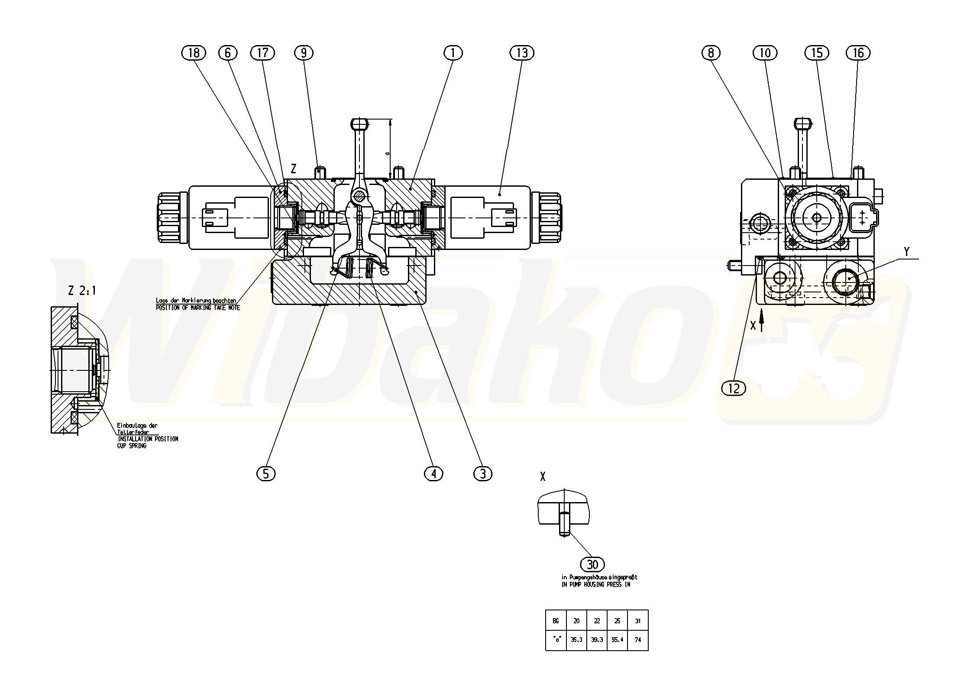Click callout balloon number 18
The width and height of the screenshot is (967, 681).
point(194,53)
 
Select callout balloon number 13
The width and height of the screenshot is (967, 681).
point(522,53)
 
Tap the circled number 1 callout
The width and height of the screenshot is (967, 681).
point(453,53)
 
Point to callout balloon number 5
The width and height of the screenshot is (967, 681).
point(266,473)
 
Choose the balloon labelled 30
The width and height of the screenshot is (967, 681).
point(592,564)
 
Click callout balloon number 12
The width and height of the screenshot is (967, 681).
point(734,389)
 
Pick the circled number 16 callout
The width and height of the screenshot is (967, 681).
point(858,53)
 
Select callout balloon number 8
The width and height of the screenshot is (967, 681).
point(711,53)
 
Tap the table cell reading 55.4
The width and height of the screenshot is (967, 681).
point(617,639)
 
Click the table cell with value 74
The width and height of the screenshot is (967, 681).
point(637,639)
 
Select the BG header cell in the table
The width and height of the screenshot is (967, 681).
point(556,621)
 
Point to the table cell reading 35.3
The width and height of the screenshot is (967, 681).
point(576,639)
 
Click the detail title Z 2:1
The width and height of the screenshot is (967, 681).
point(82,291)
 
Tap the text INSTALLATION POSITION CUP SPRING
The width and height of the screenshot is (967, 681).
point(147,442)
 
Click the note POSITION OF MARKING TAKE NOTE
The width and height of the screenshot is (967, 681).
point(197,308)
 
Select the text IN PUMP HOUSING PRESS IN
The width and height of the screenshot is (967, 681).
point(595,584)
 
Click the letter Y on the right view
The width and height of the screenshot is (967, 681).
point(907,251)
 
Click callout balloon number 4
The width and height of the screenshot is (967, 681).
point(433,473)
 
